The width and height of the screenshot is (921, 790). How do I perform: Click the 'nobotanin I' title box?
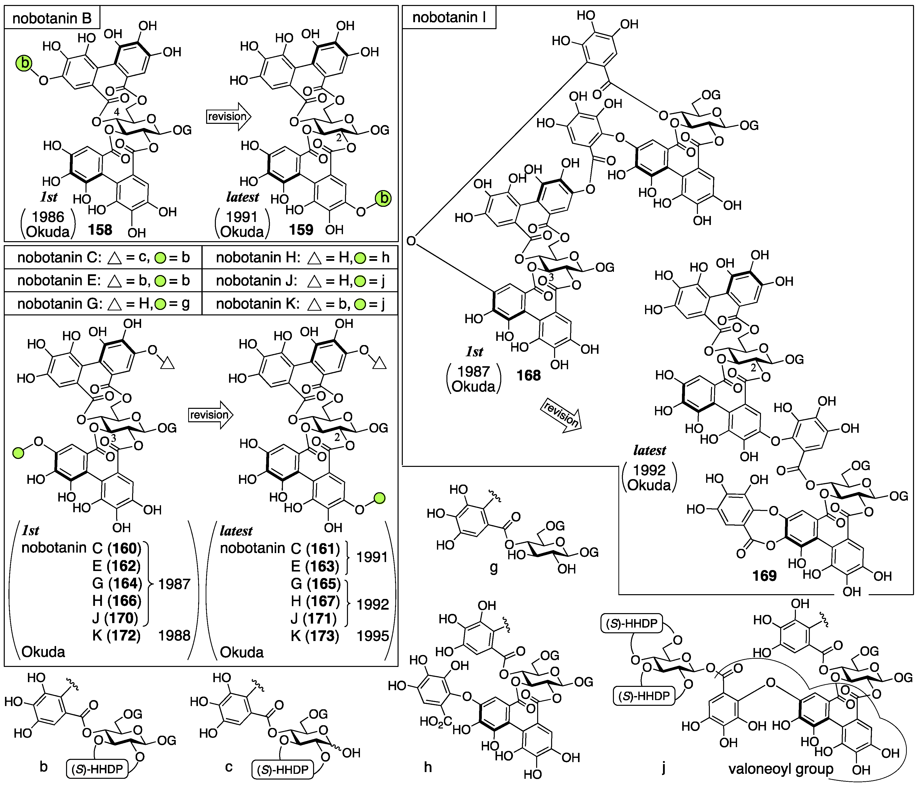pos(449,18)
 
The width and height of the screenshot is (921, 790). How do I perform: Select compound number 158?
pos(100,230)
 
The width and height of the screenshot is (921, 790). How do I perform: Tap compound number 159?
pos(301,230)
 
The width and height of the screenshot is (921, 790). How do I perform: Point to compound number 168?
pos(528,375)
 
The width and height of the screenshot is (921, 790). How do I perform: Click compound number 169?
pos(764,576)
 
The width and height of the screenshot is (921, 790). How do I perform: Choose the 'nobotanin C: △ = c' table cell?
pos(103,258)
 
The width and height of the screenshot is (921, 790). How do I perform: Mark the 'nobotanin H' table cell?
pos(302,258)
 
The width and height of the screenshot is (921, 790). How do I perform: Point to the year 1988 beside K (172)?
pos(174,636)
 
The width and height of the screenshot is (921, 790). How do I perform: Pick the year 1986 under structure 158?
pos(48,217)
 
